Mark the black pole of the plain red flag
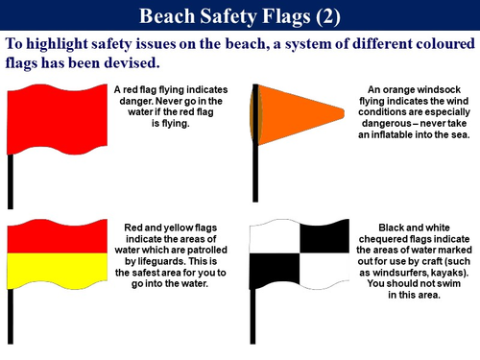(x=12, y=182)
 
